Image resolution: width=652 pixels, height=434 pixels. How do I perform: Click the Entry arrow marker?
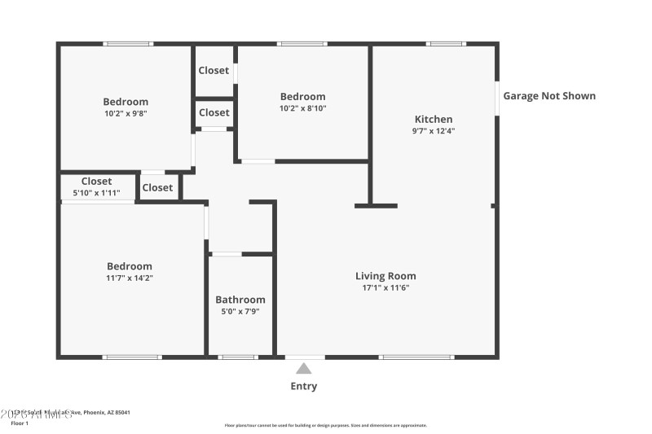tap(303, 369)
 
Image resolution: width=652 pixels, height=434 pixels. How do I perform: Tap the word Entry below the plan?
tap(304, 387)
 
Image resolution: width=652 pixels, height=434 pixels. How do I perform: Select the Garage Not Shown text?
tap(548, 96)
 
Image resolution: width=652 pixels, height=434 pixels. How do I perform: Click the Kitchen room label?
tap(433, 119)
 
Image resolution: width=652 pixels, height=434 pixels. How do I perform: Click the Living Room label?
tap(385, 276)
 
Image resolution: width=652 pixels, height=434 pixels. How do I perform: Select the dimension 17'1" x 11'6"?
tap(385, 287)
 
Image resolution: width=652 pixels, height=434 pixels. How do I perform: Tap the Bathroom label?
tap(240, 300)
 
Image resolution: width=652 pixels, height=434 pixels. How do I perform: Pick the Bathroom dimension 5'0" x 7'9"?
tap(240, 311)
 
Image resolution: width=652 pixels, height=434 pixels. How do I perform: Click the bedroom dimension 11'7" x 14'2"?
tap(130, 278)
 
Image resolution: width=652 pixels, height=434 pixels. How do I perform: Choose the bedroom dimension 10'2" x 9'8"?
tap(126, 114)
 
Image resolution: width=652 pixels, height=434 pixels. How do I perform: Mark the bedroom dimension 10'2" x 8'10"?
tap(302, 108)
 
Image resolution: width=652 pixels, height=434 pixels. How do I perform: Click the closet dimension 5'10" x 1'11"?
tap(96, 194)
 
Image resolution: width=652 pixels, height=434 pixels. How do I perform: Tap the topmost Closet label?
tap(214, 71)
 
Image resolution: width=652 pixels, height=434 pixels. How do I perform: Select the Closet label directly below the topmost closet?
tap(214, 112)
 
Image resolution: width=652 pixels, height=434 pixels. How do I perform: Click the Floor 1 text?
tap(20, 423)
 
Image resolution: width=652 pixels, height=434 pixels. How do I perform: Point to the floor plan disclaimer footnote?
tap(325, 425)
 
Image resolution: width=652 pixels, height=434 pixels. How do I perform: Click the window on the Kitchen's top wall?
tap(446, 43)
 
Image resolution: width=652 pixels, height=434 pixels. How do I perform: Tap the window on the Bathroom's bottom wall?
tap(238, 357)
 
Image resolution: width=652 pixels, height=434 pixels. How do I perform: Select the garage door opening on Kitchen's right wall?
tap(496, 98)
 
